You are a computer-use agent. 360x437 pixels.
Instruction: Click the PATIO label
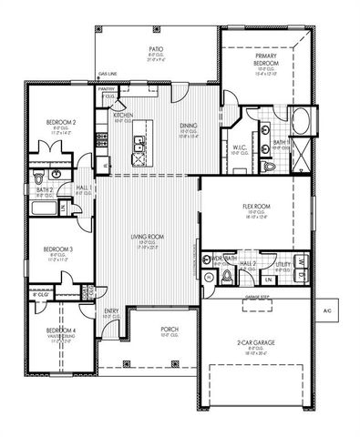coord(156,50)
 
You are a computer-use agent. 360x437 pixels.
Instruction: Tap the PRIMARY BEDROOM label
coord(266,60)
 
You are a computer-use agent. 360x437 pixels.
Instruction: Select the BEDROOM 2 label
coord(59,121)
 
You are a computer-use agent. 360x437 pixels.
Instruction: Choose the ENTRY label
coord(110,311)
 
